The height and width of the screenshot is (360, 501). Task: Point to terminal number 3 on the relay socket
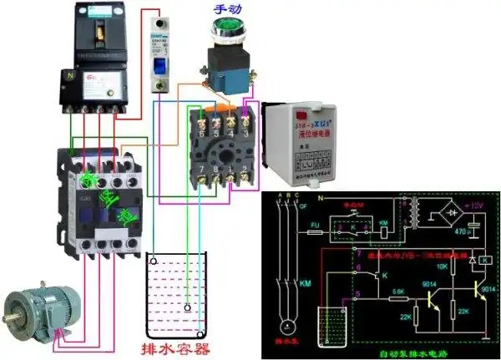point(245,131)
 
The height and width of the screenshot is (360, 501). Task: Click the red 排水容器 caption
point(176,345)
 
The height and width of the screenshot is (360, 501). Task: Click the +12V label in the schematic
point(475,206)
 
